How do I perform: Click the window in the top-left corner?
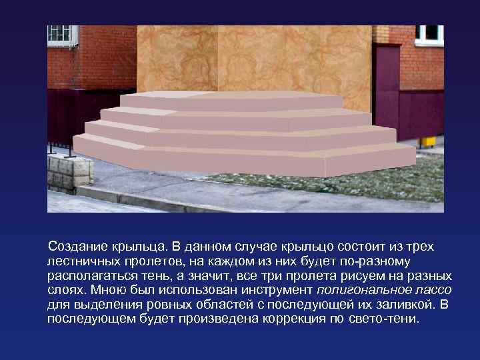point(61,34)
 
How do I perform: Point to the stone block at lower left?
point(69,171)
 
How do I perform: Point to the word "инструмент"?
point(278,290)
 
